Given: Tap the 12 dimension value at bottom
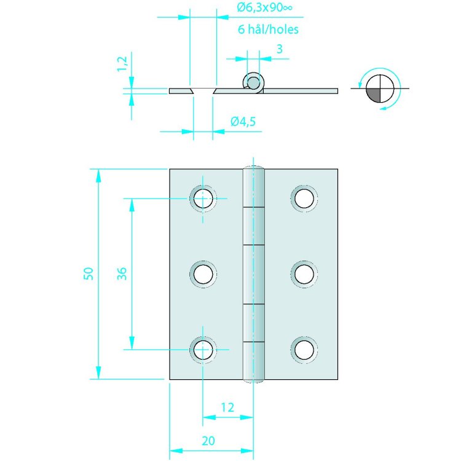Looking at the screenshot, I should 227,406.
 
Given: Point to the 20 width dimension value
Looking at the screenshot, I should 208,440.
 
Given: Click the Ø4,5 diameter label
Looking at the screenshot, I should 243,122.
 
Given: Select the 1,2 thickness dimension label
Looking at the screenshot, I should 122,63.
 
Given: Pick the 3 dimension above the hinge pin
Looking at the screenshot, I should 279,49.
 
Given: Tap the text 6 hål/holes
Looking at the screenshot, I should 268,29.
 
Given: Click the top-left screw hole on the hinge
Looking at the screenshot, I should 203,199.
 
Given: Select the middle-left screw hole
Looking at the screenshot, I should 203,274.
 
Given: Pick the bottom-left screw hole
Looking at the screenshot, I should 203,349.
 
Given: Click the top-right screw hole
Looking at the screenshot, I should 304,199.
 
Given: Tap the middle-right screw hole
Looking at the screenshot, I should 304,274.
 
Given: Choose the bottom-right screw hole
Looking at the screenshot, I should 304,349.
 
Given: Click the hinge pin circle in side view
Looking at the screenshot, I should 253,81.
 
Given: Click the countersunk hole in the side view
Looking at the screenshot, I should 203,91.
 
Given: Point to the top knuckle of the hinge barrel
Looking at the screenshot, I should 253,187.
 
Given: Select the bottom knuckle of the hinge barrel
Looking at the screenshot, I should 253,360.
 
